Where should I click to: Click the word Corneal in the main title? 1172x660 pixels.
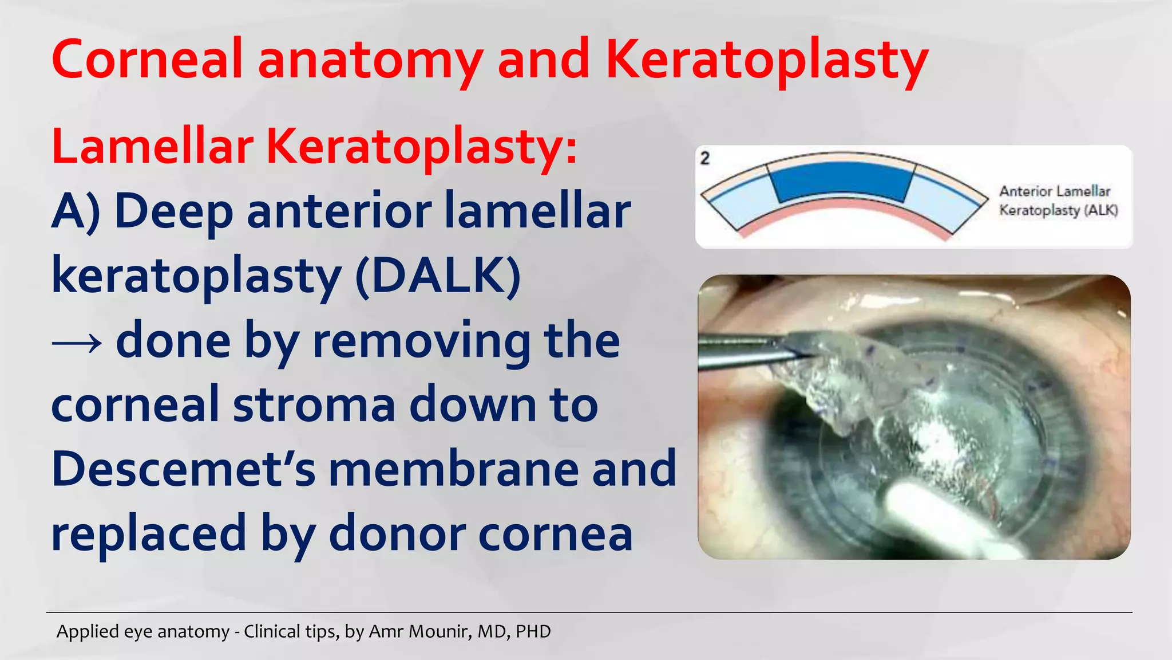coord(148,60)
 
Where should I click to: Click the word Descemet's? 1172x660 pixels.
coord(183,469)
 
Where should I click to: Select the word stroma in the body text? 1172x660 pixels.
coord(314,404)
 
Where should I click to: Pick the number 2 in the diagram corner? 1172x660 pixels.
coord(705,158)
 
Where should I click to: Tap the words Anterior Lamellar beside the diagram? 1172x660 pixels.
coord(1055,191)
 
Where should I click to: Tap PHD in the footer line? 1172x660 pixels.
coord(533,631)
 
